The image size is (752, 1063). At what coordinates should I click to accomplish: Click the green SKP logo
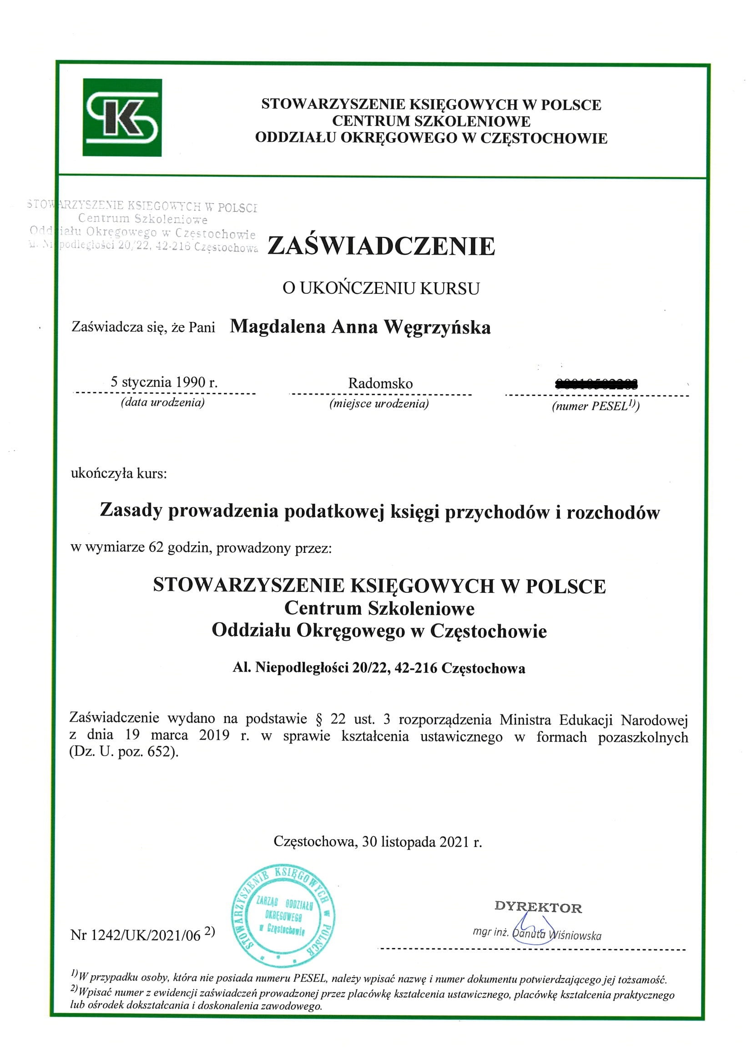(x=122, y=118)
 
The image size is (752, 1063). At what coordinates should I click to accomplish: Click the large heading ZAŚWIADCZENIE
(x=381, y=246)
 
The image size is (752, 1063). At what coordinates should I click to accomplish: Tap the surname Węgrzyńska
(x=437, y=327)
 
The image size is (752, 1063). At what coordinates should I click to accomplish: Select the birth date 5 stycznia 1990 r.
(x=164, y=382)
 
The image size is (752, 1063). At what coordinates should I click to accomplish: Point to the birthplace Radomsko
(x=380, y=383)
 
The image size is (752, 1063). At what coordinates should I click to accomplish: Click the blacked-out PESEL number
(x=596, y=383)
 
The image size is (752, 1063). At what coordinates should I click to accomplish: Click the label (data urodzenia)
(x=162, y=402)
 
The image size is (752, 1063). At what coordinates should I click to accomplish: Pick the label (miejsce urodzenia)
(x=379, y=404)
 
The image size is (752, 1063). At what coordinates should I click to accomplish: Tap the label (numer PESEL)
(x=595, y=406)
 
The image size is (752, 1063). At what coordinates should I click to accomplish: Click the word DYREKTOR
(x=538, y=907)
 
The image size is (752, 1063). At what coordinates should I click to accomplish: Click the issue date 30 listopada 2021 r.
(x=422, y=842)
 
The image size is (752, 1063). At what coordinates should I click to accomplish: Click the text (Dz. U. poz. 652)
(x=124, y=752)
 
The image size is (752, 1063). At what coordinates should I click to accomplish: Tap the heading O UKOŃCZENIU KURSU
(x=381, y=288)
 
